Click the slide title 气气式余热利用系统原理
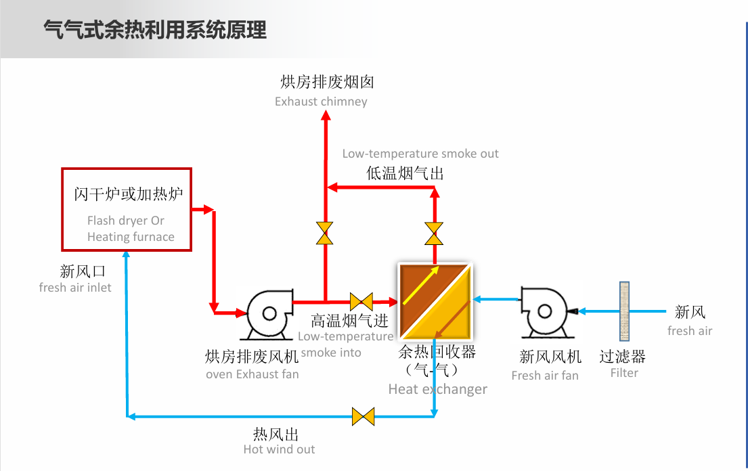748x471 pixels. (155, 30)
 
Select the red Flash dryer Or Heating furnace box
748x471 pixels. (127, 209)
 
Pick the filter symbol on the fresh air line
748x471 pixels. (624, 311)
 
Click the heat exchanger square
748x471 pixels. (435, 301)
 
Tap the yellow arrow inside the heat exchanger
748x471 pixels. (420, 287)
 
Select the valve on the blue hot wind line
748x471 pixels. (364, 416)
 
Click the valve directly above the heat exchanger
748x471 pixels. (435, 233)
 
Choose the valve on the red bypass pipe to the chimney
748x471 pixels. (325, 233)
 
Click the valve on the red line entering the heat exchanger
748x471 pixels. (361, 301)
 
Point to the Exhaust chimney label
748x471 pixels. (321, 102)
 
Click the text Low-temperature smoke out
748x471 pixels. (420, 154)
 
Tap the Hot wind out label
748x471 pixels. (279, 449)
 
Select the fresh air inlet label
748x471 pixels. (75, 288)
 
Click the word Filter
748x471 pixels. (624, 373)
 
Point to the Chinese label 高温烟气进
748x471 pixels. (349, 321)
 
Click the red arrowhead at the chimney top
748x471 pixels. (326, 116)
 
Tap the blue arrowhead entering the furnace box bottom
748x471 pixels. (127, 255)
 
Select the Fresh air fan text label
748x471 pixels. (545, 376)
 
